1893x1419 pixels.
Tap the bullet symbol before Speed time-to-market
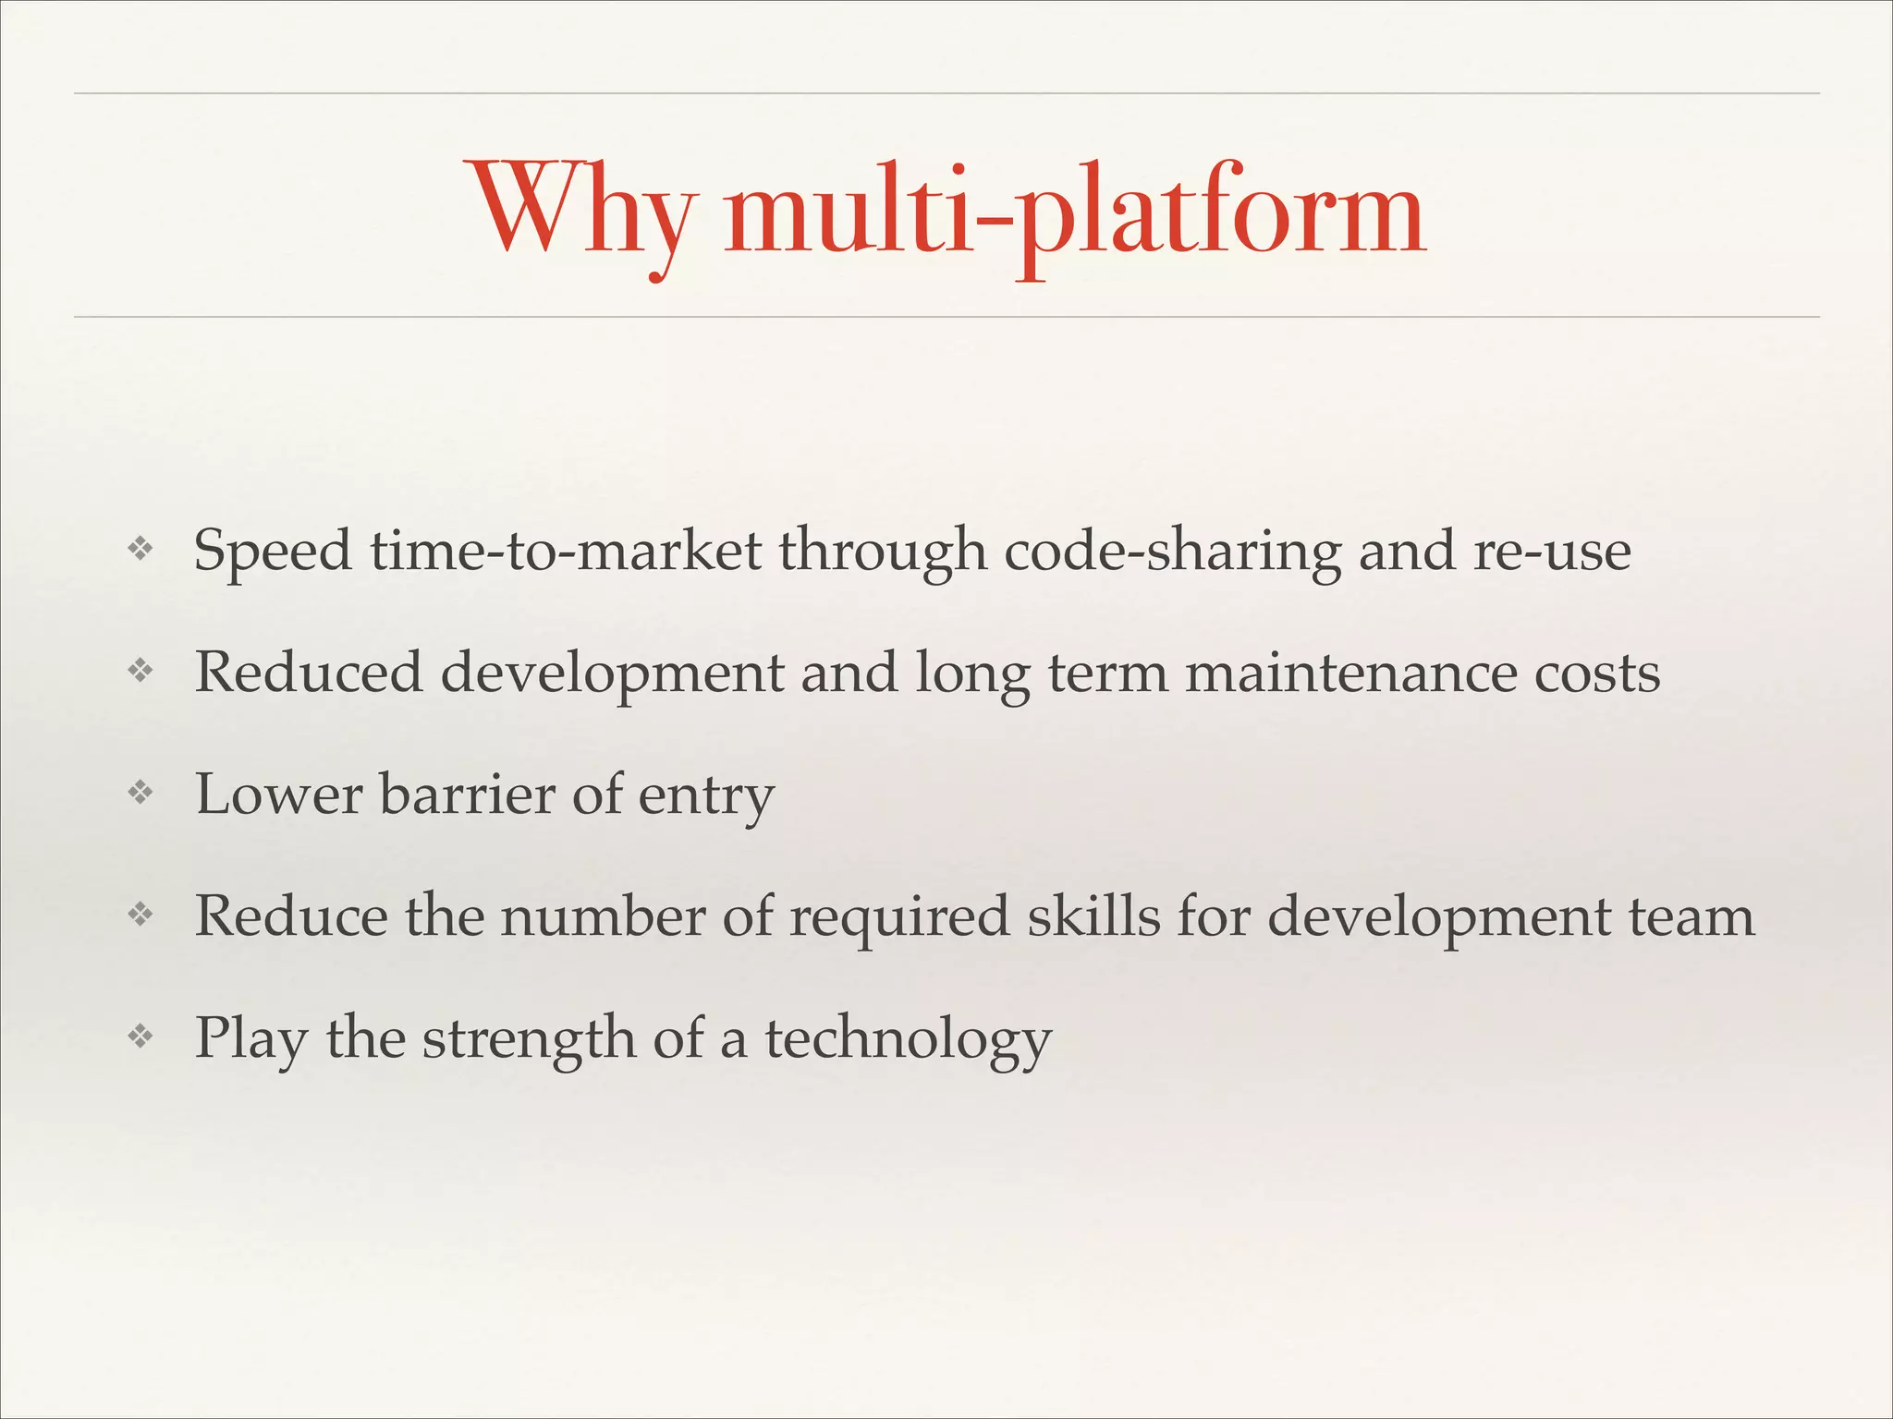point(140,550)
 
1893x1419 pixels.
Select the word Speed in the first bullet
point(273,552)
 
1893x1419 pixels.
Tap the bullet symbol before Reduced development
point(140,672)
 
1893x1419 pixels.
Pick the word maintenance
point(1350,673)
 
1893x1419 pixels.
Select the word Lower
point(278,794)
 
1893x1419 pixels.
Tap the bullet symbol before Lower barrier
point(140,794)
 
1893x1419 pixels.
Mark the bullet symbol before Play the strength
point(140,1037)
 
